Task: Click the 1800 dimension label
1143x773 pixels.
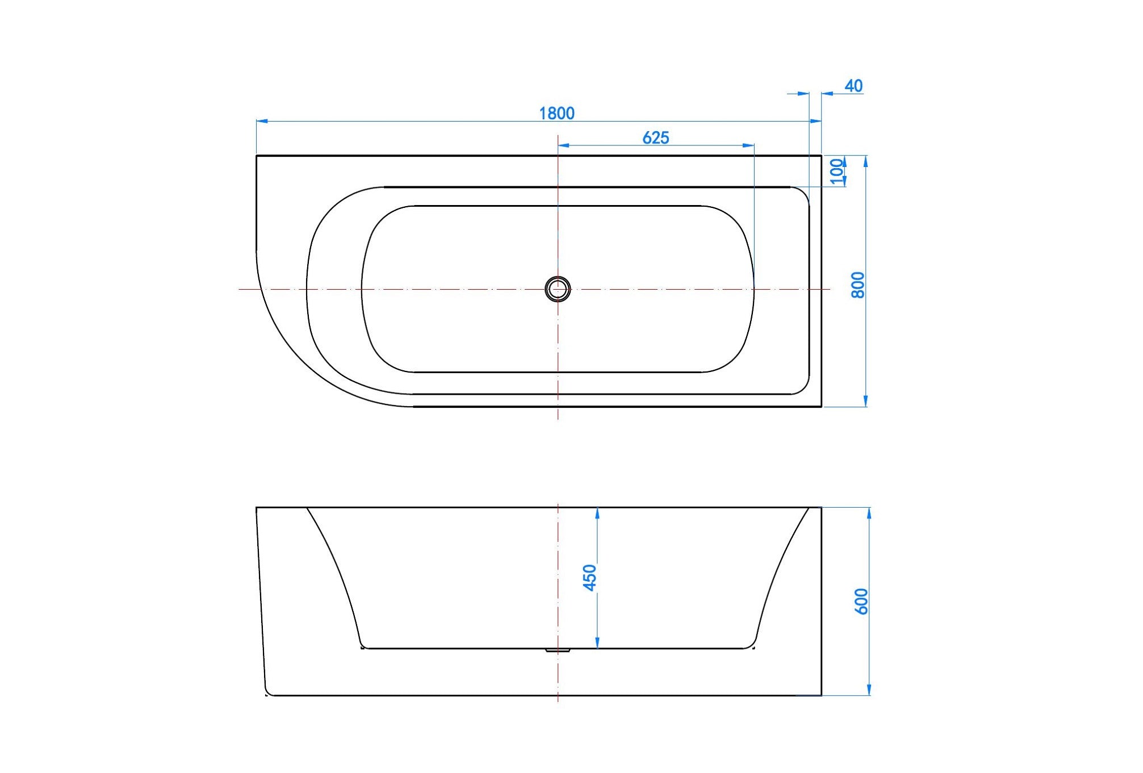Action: point(556,114)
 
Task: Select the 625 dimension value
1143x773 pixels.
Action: point(656,138)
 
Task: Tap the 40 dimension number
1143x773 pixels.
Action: point(853,86)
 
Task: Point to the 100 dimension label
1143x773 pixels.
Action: point(836,171)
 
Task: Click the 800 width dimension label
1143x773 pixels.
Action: point(858,285)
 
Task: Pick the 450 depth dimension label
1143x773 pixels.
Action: point(590,578)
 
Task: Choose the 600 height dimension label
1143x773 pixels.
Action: point(861,601)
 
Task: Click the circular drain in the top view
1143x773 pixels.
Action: point(558,289)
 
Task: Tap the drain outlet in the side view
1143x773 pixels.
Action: point(558,650)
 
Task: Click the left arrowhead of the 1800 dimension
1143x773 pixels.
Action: point(262,121)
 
